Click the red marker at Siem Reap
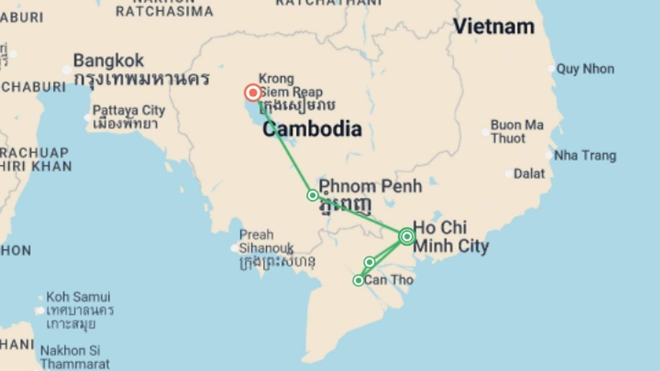pyautogui.click(x=253, y=93)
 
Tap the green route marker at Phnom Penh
pyautogui.click(x=312, y=195)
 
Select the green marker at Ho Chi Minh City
pyautogui.click(x=407, y=237)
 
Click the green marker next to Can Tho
pyautogui.click(x=358, y=281)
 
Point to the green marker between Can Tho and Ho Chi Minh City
pyautogui.click(x=370, y=262)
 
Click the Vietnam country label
pyautogui.click(x=494, y=26)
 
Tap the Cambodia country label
pyautogui.click(x=312, y=129)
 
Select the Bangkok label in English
pyautogui.click(x=109, y=61)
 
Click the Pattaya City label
pyautogui.click(x=129, y=111)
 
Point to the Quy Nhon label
pyautogui.click(x=585, y=69)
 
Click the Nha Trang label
pyautogui.click(x=585, y=156)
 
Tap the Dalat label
pyautogui.click(x=529, y=174)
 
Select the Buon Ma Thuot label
pyautogui.click(x=517, y=132)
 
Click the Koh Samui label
pyautogui.click(x=78, y=297)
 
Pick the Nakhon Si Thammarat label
pyautogui.click(x=75, y=357)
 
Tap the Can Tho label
pyautogui.click(x=388, y=280)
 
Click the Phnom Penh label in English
pyautogui.click(x=370, y=186)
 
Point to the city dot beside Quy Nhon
pyautogui.click(x=551, y=69)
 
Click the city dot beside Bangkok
pyautogui.click(x=66, y=70)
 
